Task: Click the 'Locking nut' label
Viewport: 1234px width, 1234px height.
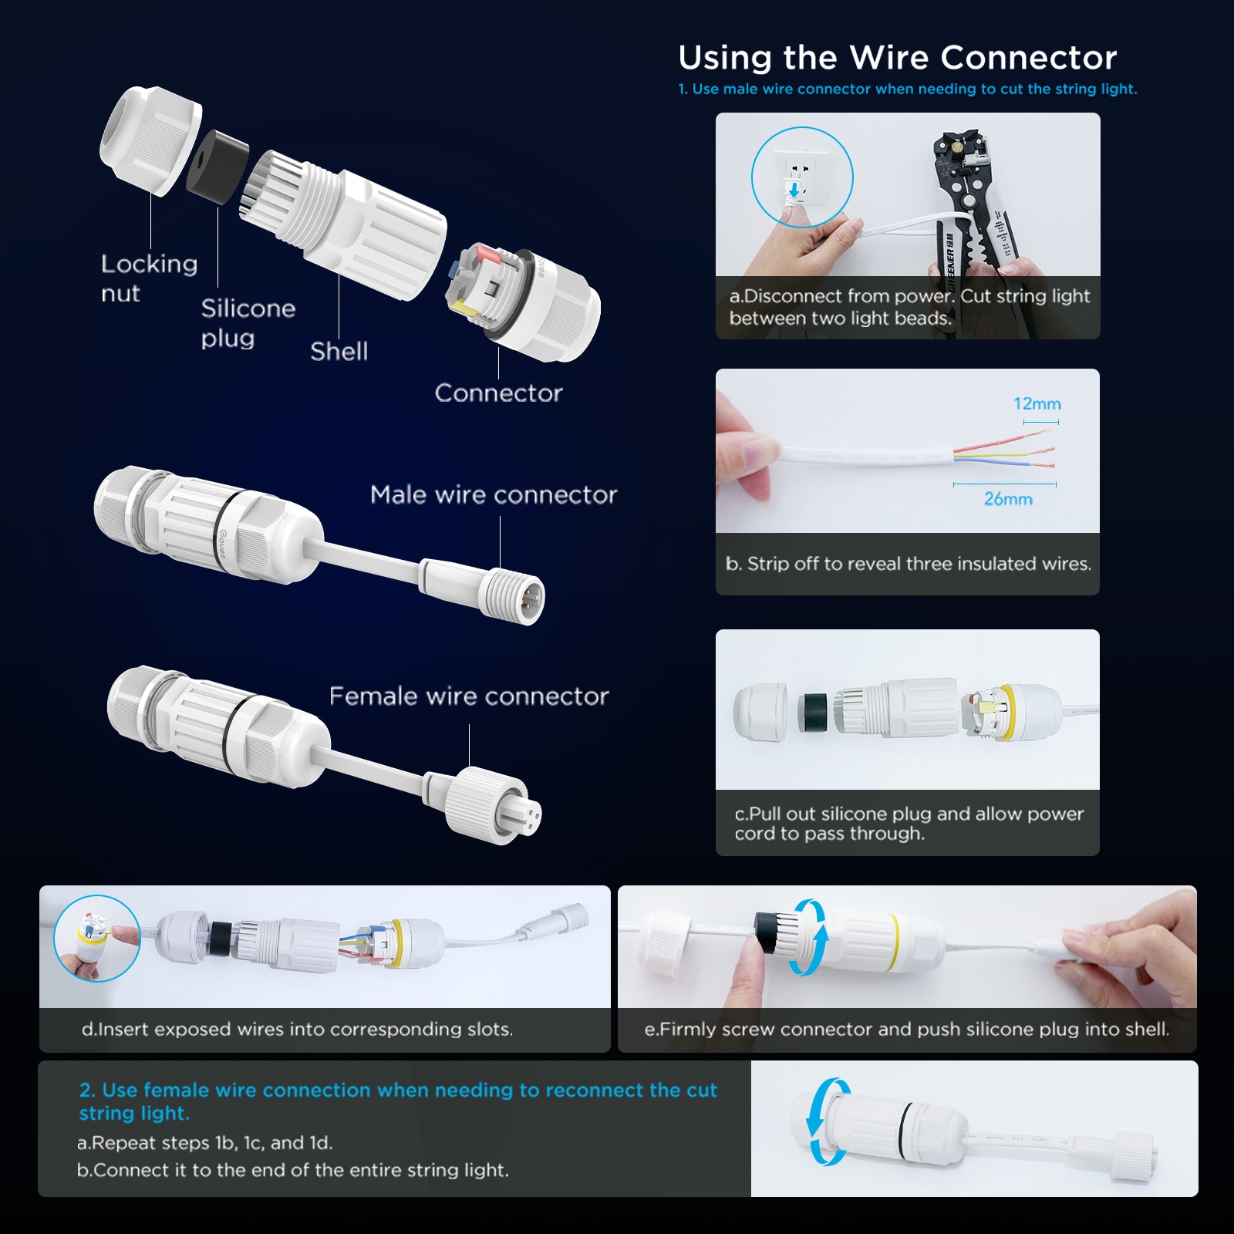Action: [149, 278]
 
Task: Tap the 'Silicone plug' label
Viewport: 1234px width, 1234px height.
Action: [248, 322]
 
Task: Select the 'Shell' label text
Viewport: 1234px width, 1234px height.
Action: [339, 351]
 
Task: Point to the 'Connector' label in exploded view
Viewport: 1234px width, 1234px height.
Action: [498, 393]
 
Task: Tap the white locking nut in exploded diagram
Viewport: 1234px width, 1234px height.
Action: [150, 140]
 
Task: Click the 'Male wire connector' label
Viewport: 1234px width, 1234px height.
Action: [494, 494]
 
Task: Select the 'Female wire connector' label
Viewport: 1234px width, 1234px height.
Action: [469, 696]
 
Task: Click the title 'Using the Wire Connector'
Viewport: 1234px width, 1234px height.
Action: [898, 58]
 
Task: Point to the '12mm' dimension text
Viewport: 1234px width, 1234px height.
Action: [1037, 403]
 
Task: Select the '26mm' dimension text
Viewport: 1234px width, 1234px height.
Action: [1008, 499]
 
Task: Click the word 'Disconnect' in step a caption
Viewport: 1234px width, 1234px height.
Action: [792, 296]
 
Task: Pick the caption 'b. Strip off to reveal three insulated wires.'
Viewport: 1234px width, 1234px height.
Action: [908, 564]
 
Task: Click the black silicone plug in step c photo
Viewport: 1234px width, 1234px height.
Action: [812, 712]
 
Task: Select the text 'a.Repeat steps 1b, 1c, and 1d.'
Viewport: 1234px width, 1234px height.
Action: [205, 1142]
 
